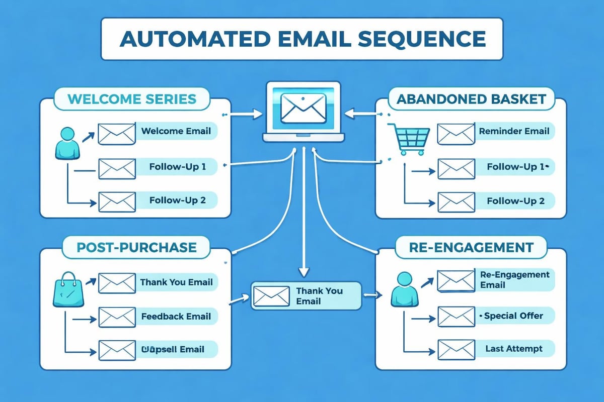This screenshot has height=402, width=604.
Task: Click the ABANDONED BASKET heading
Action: click(471, 98)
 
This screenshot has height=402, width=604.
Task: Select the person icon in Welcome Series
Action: click(67, 143)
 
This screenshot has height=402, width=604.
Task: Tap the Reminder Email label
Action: click(513, 132)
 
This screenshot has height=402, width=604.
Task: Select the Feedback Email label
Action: click(176, 316)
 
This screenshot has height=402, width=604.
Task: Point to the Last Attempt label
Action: click(513, 348)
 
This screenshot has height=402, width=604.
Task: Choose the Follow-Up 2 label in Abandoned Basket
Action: click(515, 201)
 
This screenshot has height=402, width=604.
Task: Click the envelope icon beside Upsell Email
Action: click(116, 349)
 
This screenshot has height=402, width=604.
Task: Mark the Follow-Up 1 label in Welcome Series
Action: click(177, 166)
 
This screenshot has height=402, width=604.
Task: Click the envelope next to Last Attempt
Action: click(456, 349)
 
